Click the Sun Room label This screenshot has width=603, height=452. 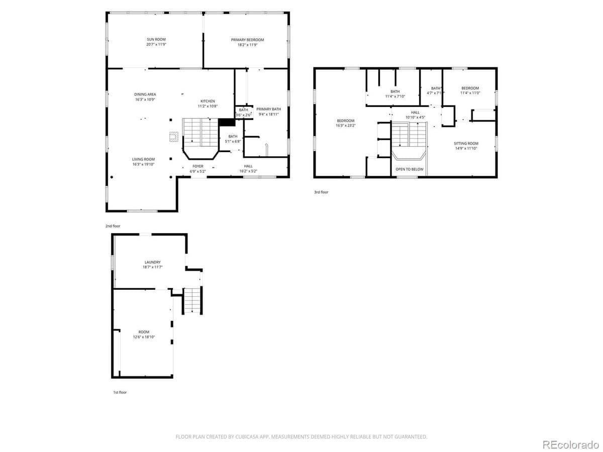(156, 39)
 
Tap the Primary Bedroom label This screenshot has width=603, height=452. (247, 40)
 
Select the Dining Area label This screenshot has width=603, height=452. (145, 94)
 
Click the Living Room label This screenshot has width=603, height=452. (143, 159)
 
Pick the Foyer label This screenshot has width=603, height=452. (198, 166)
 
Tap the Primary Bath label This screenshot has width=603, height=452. (268, 109)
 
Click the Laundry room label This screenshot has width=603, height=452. (152, 262)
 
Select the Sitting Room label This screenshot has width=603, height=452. (466, 143)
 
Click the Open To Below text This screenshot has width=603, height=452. (410, 169)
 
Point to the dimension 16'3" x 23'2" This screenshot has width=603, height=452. (345, 126)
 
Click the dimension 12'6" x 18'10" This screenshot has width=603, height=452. (144, 337)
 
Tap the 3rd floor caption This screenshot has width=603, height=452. (321, 192)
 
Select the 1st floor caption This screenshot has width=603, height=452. (120, 392)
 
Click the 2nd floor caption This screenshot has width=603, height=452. (113, 226)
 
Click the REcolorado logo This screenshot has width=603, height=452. (571, 444)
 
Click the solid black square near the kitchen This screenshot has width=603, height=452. (227, 123)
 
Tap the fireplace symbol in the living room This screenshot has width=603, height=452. (173, 136)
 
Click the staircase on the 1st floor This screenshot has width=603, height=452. (191, 301)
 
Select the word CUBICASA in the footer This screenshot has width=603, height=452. (247, 437)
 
